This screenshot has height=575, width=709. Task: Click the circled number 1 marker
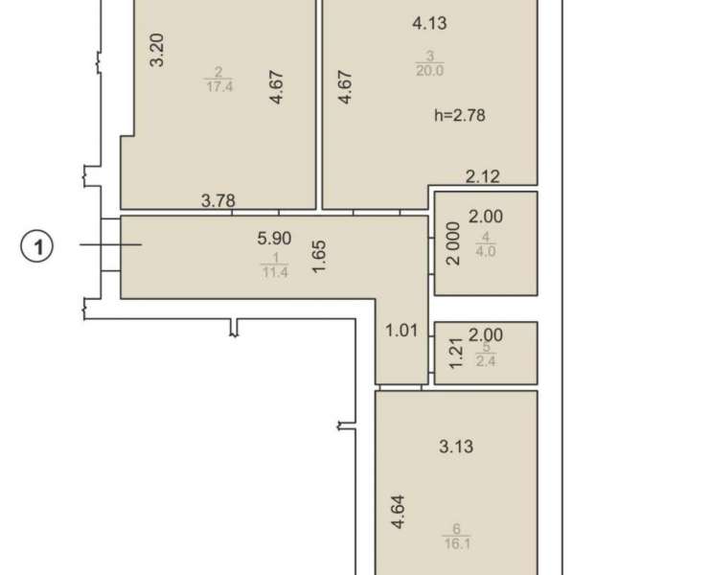37,247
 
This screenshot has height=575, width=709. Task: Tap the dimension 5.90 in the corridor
274,238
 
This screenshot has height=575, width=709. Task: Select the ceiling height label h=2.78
459,115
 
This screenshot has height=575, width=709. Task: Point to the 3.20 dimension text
157,50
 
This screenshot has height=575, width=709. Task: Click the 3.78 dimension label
217,200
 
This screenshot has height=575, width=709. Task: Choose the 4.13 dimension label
429,23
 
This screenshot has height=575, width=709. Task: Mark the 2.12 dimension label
483,176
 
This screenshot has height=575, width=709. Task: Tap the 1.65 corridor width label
319,257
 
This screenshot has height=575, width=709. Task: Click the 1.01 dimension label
401,331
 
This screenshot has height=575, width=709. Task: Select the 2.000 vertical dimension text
452,243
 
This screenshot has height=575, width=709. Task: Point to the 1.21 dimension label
456,353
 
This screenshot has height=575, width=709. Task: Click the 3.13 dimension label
456,447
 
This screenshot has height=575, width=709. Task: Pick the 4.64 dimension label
399,512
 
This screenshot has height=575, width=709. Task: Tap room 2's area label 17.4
219,86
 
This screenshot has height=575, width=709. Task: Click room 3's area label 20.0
429,71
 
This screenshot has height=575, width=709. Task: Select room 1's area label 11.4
274,272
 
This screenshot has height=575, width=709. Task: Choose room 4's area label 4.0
486,251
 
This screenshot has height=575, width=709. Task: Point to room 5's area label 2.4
486,361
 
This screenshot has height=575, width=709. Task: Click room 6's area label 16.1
457,542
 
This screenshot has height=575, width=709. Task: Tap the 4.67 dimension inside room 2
276,87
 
